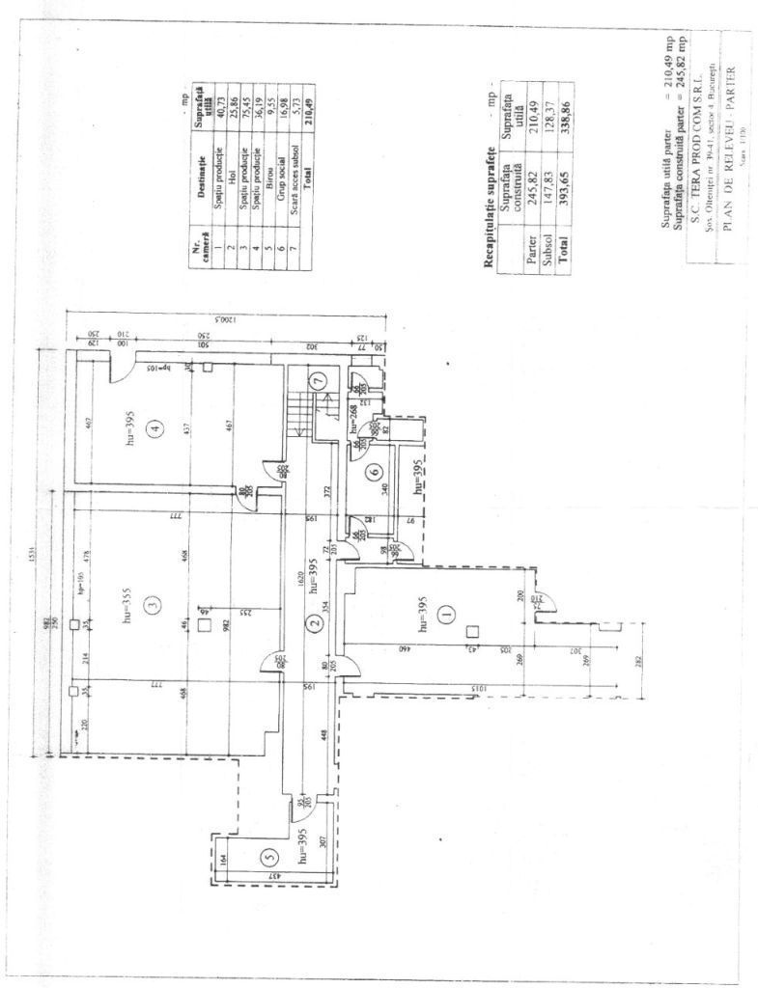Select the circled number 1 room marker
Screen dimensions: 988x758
tap(445, 612)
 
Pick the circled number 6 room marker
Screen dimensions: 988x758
tap(372, 472)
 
